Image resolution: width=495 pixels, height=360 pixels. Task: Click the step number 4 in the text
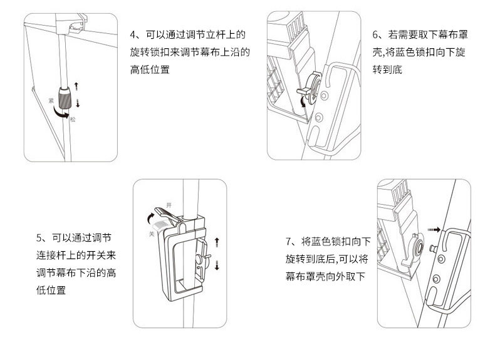pyautogui.click(x=133, y=34)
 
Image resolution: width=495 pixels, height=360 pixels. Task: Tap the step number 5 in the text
pyautogui.click(x=39, y=237)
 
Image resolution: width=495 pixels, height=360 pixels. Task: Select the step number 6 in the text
pyautogui.click(x=375, y=34)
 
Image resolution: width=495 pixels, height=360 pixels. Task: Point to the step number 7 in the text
pyautogui.click(x=288, y=242)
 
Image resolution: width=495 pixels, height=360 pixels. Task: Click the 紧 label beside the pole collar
pyautogui.click(x=51, y=101)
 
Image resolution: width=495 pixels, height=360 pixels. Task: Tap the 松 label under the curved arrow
pyautogui.click(x=73, y=119)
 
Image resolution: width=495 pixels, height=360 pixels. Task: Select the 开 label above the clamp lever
pyautogui.click(x=169, y=205)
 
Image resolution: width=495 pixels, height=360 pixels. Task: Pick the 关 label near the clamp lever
pyautogui.click(x=152, y=234)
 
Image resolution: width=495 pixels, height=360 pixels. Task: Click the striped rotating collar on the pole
pyautogui.click(x=65, y=98)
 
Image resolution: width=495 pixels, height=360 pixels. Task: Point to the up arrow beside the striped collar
pyautogui.click(x=76, y=86)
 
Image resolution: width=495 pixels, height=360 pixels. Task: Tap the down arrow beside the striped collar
pyautogui.click(x=78, y=103)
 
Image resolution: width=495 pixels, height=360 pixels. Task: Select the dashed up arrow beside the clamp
pyautogui.click(x=217, y=243)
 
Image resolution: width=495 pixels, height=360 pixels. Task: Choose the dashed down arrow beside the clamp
pyautogui.click(x=217, y=265)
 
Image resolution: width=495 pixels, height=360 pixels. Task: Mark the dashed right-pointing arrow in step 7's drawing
pyautogui.click(x=434, y=229)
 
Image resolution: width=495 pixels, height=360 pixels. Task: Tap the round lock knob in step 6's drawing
pyautogui.click(x=313, y=88)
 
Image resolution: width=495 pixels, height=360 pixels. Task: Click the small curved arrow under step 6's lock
pyautogui.click(x=303, y=101)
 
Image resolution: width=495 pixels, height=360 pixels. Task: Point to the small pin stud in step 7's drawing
pyautogui.click(x=434, y=249)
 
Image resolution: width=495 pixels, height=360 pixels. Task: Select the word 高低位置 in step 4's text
pyautogui.click(x=150, y=69)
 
